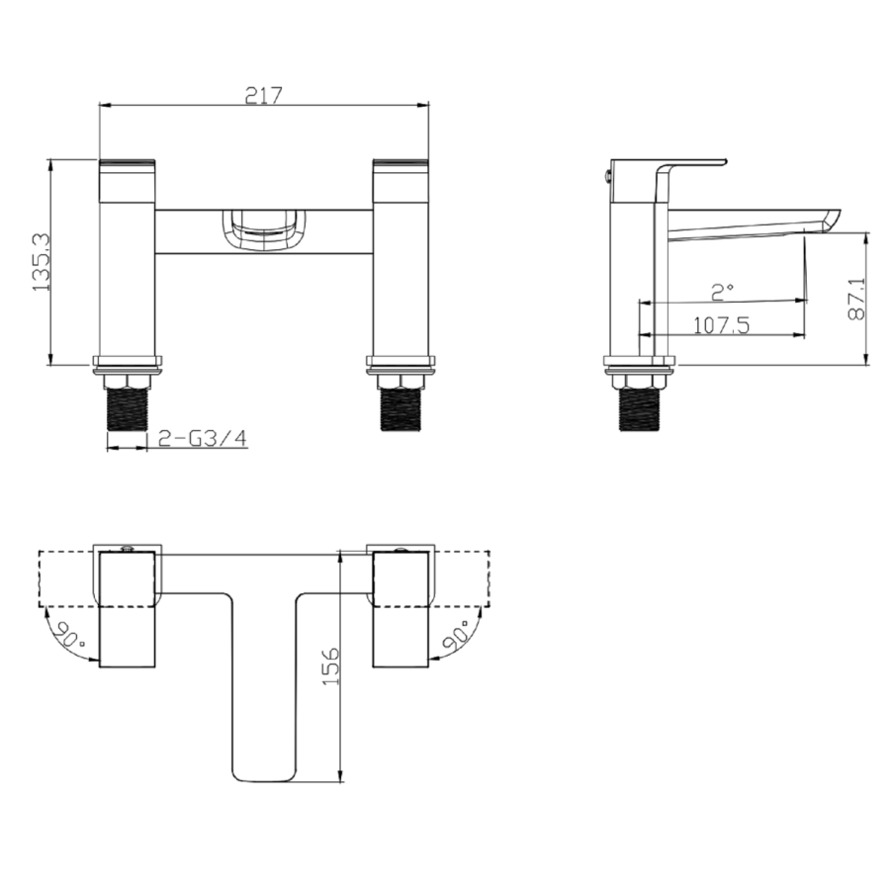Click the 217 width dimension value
coord(264,95)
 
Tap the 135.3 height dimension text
coord(40,263)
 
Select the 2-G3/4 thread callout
coord(203,437)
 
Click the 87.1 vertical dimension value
coord(856,297)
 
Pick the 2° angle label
coord(723,291)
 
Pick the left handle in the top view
coord(129,608)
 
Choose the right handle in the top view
coord(400,608)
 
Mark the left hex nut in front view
coord(126,381)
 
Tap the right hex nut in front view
coord(400,381)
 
